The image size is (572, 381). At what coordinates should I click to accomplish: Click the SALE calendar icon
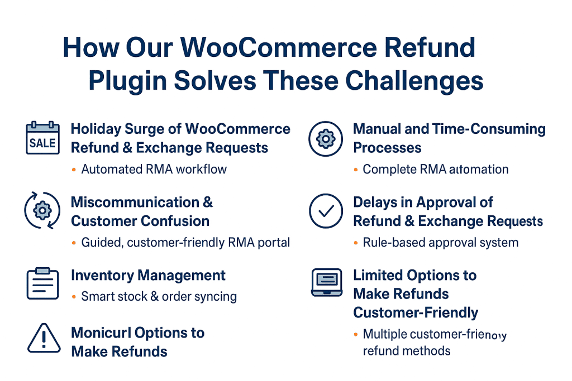click(43, 138)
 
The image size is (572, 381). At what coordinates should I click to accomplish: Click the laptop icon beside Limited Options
click(326, 283)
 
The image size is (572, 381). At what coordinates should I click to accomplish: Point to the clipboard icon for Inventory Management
click(43, 283)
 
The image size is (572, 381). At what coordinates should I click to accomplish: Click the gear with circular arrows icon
click(43, 211)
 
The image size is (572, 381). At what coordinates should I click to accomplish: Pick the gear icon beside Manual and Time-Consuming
click(326, 138)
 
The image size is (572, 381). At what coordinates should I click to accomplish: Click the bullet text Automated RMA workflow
click(154, 169)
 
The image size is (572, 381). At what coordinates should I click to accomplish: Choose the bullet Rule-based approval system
click(440, 243)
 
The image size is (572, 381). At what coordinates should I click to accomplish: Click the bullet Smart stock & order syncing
click(159, 297)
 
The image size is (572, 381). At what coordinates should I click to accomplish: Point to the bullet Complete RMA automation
click(435, 169)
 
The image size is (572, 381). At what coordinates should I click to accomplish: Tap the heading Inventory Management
click(148, 276)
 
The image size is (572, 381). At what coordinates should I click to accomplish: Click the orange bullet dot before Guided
click(74, 243)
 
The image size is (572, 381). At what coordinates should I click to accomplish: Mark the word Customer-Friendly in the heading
click(416, 312)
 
